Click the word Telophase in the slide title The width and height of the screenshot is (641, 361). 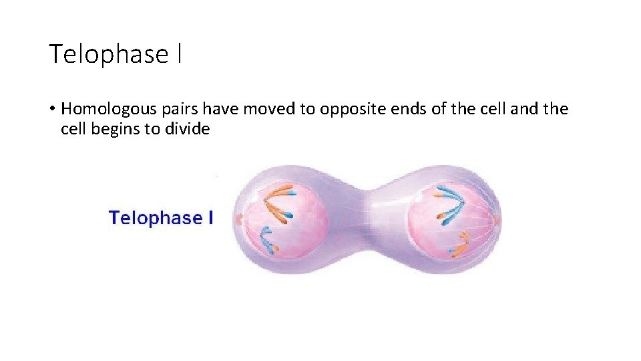coord(108,54)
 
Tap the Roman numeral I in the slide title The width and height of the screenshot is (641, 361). coord(179,54)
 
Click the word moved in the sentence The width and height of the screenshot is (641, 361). coord(269,108)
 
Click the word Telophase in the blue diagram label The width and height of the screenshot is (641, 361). coord(156,217)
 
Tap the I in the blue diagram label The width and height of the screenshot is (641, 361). coord(210,217)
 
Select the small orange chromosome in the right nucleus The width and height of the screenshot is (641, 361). coord(460,243)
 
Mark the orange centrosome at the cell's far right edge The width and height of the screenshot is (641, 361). coord(497,219)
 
